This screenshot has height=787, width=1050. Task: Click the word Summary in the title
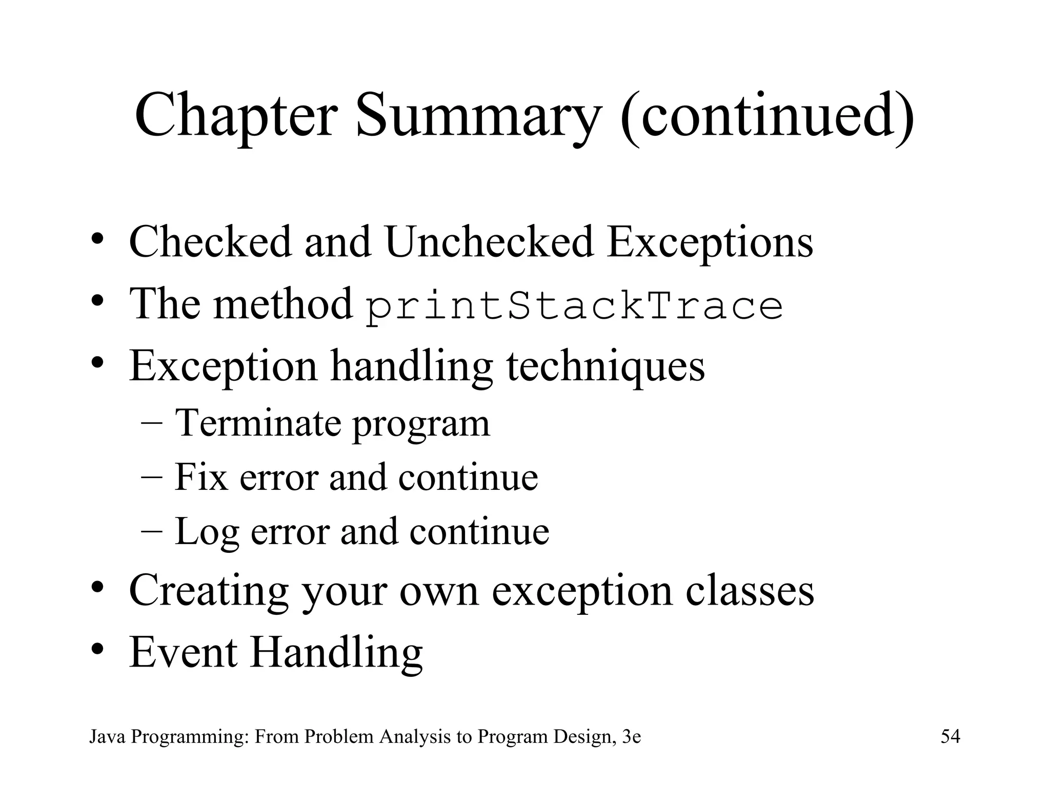click(x=477, y=115)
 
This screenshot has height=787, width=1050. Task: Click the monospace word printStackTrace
click(x=574, y=305)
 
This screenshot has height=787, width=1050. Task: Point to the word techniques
click(x=605, y=366)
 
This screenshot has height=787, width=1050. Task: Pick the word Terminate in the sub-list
click(x=258, y=423)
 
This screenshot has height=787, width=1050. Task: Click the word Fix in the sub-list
click(x=200, y=477)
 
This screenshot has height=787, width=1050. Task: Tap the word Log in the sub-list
click(x=207, y=531)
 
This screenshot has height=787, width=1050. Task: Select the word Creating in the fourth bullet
click(x=209, y=591)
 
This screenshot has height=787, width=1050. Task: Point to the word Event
click(x=184, y=652)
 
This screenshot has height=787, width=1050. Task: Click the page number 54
click(x=950, y=737)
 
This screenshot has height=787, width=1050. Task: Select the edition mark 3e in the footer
click(x=631, y=737)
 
